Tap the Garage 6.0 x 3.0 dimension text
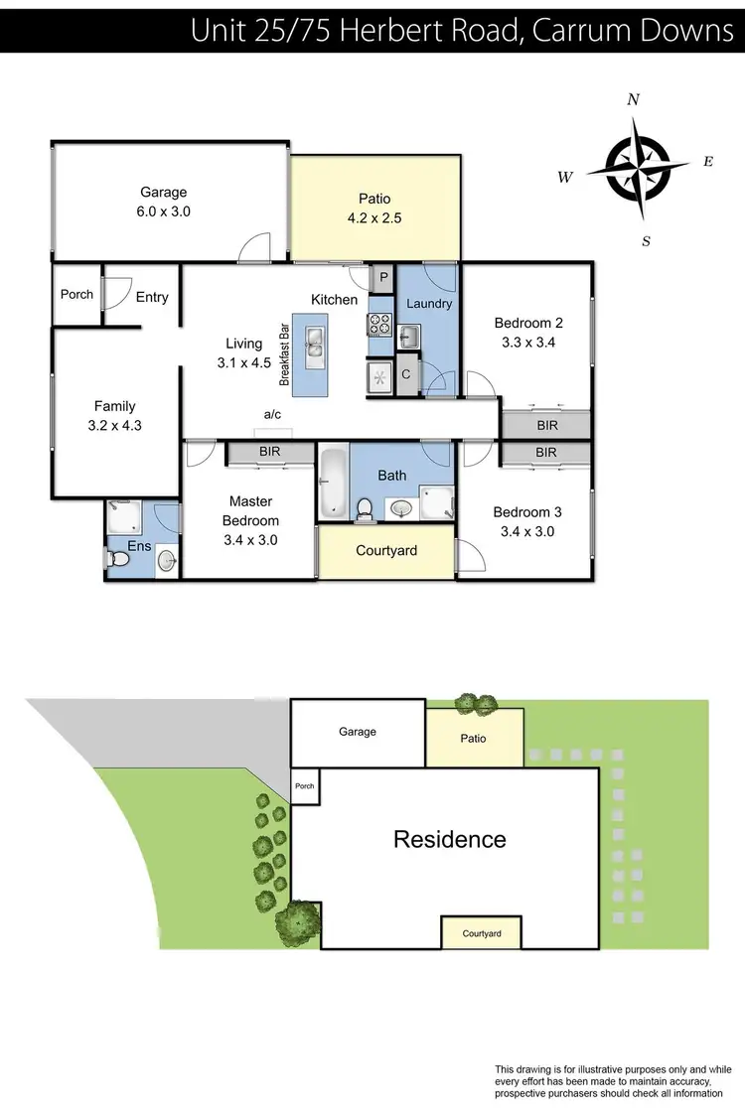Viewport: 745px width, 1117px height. [x=163, y=211]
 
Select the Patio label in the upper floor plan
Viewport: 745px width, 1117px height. [x=374, y=199]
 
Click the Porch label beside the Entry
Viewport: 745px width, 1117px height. [x=77, y=294]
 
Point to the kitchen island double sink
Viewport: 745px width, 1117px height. [x=315, y=348]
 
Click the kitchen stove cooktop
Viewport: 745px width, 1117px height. [x=380, y=325]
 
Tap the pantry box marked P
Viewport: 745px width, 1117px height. [x=383, y=277]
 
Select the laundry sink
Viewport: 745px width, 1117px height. [x=408, y=337]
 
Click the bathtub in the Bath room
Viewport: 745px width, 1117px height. [x=332, y=483]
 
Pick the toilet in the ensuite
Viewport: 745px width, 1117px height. [x=117, y=560]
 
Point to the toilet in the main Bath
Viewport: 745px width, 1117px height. [x=365, y=509]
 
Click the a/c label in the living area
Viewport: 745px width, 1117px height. [x=272, y=415]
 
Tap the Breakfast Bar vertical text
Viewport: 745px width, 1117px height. [x=284, y=354]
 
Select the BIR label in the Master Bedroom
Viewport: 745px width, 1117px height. [x=269, y=452]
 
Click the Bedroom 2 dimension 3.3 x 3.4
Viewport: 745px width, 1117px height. [x=528, y=343]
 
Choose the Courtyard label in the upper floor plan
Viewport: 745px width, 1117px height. [x=386, y=551]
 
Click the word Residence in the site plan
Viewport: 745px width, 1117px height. [x=450, y=840]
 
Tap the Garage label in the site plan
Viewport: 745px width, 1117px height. [x=358, y=732]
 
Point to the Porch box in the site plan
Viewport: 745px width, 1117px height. [x=304, y=786]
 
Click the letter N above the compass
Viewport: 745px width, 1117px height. [x=633, y=99]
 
